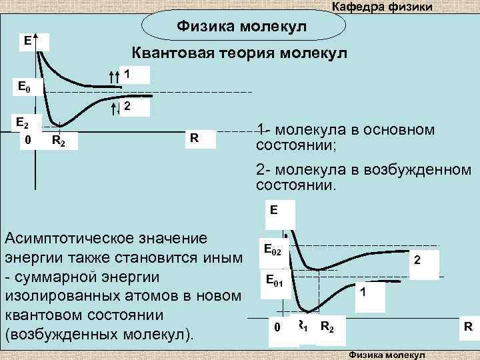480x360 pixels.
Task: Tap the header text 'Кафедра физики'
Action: tap(382, 7)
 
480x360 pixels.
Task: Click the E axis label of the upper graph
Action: tap(27, 41)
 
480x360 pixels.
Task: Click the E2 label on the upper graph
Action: tap(23, 123)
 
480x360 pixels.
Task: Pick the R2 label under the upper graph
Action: tap(58, 140)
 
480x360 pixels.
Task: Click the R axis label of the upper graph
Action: tap(193, 138)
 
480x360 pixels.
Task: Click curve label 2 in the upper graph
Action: tap(127, 106)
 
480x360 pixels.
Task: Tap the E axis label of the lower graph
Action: tap(274, 210)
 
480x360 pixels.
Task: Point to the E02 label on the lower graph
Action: tap(273, 251)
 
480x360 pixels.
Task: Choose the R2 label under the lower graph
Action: tap(327, 327)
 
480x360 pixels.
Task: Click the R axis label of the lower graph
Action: tap(468, 327)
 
